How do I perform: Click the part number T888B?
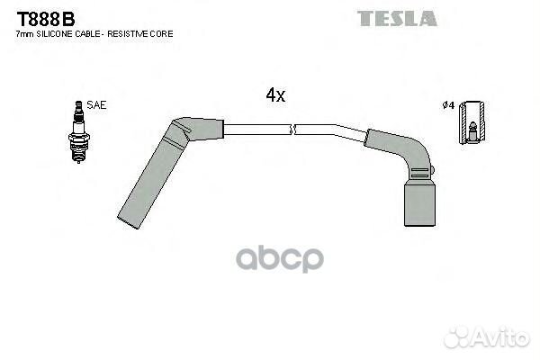point(46,19)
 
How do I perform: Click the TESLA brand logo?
point(397,19)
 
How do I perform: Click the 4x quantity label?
point(275,94)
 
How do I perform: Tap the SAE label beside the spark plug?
point(96,105)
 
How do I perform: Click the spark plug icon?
point(79,132)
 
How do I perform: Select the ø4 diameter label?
point(448,105)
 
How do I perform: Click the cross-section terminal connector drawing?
point(472,122)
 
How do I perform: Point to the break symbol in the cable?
point(293,130)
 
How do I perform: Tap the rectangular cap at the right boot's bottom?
point(419,204)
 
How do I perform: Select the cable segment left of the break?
point(257,130)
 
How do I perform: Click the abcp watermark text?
point(280,258)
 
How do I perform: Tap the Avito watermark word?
point(502,337)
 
